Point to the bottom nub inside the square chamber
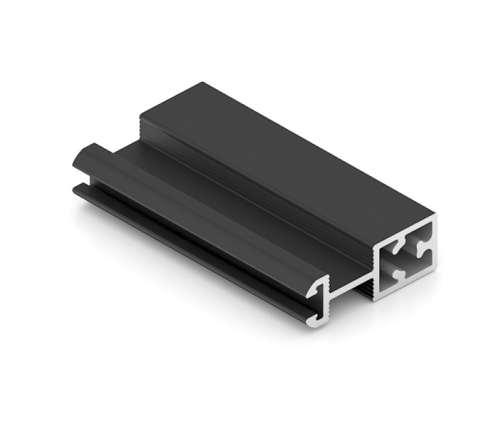[400, 274]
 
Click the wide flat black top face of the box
[289, 157]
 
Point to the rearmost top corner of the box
[201, 83]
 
